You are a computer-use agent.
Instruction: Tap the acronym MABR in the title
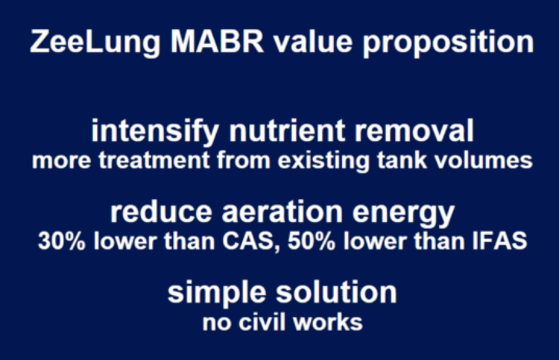[217, 41]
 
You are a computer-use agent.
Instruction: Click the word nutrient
[287, 131]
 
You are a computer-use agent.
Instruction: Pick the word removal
[414, 131]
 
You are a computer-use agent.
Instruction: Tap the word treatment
[154, 160]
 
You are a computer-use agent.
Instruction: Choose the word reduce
[161, 212]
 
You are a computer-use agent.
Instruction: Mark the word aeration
[282, 212]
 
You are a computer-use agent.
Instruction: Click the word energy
[403, 214]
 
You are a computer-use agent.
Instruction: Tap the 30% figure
[62, 241]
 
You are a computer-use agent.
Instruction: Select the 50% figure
[312, 241]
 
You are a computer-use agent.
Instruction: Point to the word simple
[217, 294]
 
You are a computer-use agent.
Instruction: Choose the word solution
[336, 292]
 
